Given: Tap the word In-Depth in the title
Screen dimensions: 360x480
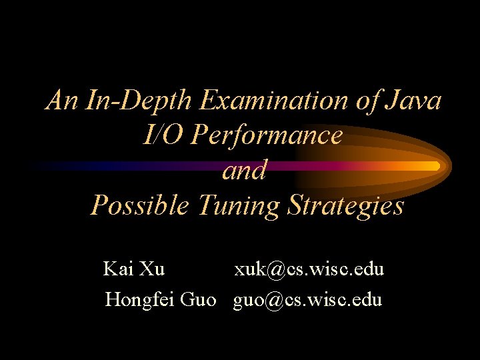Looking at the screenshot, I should click(139, 101).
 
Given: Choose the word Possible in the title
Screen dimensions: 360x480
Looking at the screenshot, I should click(140, 205).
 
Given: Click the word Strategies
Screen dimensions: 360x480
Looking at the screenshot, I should click(345, 205).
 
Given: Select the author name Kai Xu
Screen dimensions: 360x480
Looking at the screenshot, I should click(134, 269).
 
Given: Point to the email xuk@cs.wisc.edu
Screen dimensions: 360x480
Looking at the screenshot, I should click(309, 269).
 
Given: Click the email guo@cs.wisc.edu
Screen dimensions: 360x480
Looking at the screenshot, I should click(307, 299).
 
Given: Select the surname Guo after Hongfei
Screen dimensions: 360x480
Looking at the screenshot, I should click(199, 299).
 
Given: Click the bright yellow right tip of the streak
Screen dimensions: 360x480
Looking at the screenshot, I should click(435, 165).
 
